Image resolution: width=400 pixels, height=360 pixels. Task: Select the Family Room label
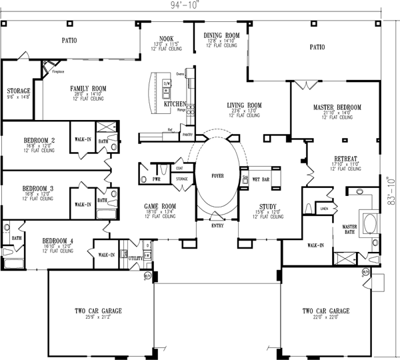click(x=89, y=88)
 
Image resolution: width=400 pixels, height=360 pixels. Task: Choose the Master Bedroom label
click(x=337, y=107)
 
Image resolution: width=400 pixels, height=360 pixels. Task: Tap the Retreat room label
click(x=346, y=158)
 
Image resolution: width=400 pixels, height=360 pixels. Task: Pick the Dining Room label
click(x=222, y=35)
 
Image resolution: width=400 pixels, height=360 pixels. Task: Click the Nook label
click(x=165, y=39)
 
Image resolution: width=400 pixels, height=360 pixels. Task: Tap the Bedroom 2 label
click(x=39, y=140)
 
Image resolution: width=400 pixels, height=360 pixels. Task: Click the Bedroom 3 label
click(x=39, y=189)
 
